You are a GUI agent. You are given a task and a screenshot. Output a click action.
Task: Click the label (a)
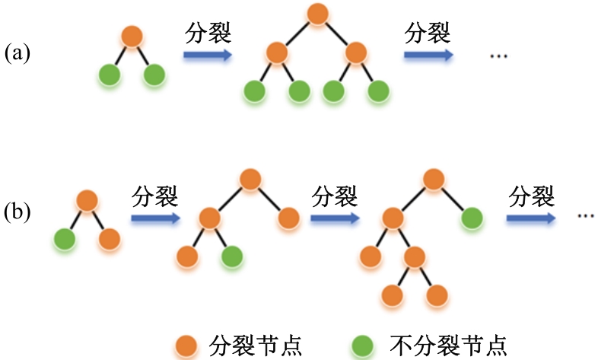(17, 53)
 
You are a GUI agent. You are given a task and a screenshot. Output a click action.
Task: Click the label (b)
(17, 212)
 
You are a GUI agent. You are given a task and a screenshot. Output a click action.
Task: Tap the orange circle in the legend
(186, 346)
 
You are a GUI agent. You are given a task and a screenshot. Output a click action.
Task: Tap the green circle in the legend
(362, 346)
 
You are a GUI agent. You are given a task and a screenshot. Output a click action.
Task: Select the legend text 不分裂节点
(449, 346)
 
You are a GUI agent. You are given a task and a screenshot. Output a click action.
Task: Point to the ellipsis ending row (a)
(498, 56)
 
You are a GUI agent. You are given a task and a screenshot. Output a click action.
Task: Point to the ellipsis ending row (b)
(586, 216)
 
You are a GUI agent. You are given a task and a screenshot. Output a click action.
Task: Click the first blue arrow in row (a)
(208, 55)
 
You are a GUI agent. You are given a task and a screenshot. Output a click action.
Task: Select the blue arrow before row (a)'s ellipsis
(428, 55)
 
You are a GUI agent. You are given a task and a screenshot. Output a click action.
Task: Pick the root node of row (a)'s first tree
(132, 37)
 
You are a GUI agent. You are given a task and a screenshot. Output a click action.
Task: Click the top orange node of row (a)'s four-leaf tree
(317, 14)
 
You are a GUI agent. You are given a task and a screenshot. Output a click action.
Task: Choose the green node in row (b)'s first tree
(65, 239)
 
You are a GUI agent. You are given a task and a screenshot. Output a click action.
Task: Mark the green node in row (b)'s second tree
(232, 256)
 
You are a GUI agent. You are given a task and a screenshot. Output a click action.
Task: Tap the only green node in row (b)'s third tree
(472, 218)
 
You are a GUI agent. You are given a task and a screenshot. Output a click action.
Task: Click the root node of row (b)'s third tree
(434, 179)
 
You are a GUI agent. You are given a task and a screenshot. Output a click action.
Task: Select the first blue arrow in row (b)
(156, 218)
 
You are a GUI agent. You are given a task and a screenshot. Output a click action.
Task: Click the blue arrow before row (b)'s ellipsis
(531, 218)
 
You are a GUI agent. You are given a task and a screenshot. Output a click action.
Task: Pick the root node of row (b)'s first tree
(87, 201)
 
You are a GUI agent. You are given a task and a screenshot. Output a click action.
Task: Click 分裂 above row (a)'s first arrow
(208, 33)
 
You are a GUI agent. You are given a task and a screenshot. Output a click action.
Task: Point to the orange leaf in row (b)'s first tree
(110, 239)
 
